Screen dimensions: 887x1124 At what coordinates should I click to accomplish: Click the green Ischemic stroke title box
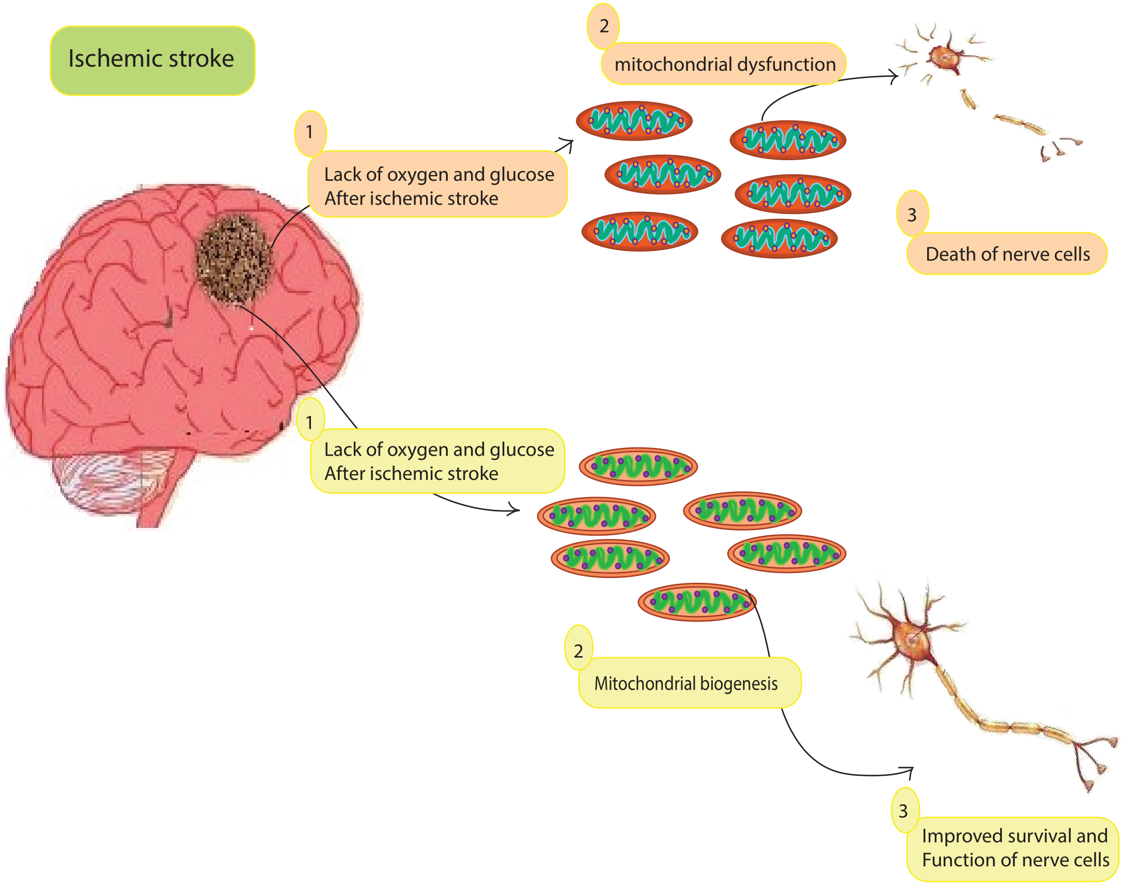click(x=152, y=60)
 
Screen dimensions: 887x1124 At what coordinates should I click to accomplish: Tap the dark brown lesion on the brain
click(x=234, y=258)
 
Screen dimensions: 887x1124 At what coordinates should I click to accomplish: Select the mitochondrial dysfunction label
click(x=724, y=64)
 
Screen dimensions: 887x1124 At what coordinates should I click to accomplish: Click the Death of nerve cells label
click(x=1007, y=254)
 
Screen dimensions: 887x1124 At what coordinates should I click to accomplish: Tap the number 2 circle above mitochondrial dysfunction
click(x=603, y=25)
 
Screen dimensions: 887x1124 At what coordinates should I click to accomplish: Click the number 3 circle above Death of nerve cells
click(x=912, y=214)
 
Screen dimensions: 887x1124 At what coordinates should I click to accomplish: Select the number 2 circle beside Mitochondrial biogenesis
click(x=578, y=650)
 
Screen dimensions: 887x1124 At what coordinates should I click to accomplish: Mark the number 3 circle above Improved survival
click(x=904, y=811)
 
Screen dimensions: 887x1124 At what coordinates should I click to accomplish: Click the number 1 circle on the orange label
click(x=310, y=132)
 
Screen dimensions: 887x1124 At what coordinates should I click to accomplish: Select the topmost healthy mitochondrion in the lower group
click(x=638, y=467)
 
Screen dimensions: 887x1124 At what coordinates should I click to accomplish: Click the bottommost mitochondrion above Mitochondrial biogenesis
click(x=697, y=602)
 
